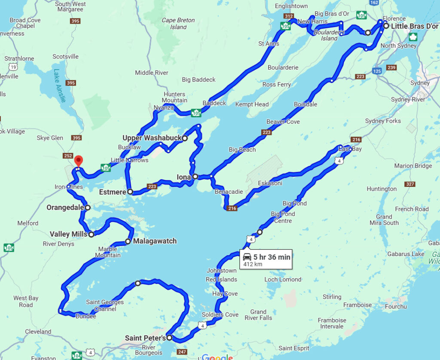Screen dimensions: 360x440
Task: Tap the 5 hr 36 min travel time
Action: (272, 257)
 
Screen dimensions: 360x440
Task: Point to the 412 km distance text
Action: (253, 264)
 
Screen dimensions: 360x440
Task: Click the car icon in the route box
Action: (247, 257)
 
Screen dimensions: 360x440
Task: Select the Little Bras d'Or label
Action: (414, 26)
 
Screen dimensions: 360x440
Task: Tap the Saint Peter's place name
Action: (145, 338)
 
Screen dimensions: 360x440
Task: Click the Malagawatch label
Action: (155, 241)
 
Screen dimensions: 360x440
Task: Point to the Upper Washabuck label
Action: (152, 138)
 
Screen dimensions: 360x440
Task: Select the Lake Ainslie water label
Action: (60, 85)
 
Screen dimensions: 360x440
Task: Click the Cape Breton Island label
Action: (178, 23)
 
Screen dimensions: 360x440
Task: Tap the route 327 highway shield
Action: (409, 184)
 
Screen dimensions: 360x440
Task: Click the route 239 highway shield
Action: (391, 67)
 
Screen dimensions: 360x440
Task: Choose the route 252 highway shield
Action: (67, 156)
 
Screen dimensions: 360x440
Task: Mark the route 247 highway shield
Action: (182, 352)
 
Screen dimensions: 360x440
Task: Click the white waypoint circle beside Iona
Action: (195, 177)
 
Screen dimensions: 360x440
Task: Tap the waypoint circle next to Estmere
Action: (130, 192)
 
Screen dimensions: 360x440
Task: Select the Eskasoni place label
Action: (270, 183)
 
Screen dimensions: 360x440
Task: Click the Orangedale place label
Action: (64, 207)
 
